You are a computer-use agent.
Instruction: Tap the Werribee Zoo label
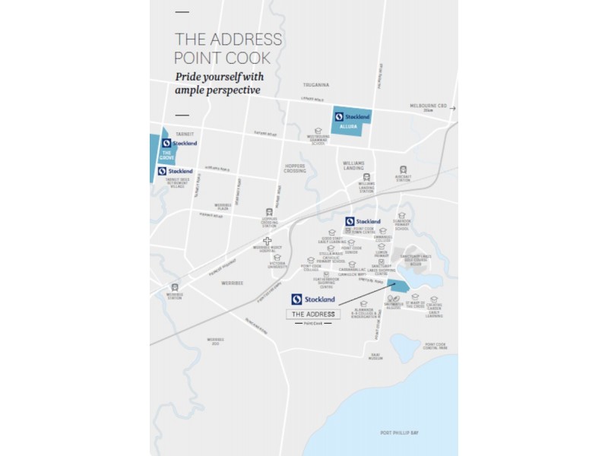click(x=216, y=341)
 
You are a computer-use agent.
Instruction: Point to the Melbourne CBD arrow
click(x=452, y=109)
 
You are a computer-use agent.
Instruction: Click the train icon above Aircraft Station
click(x=402, y=170)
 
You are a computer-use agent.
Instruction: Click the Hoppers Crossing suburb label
click(x=294, y=169)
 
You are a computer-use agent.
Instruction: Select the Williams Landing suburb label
click(x=353, y=165)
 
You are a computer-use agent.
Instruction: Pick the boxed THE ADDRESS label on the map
click(x=313, y=314)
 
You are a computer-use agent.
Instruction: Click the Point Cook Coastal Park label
click(x=435, y=347)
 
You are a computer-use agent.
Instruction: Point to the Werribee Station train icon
click(x=176, y=287)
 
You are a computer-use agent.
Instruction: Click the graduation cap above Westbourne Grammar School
click(x=318, y=131)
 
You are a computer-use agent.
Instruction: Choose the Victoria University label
click(x=279, y=266)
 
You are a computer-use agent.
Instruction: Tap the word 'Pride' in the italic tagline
click(x=189, y=77)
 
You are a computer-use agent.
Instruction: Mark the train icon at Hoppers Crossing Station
click(x=268, y=212)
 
